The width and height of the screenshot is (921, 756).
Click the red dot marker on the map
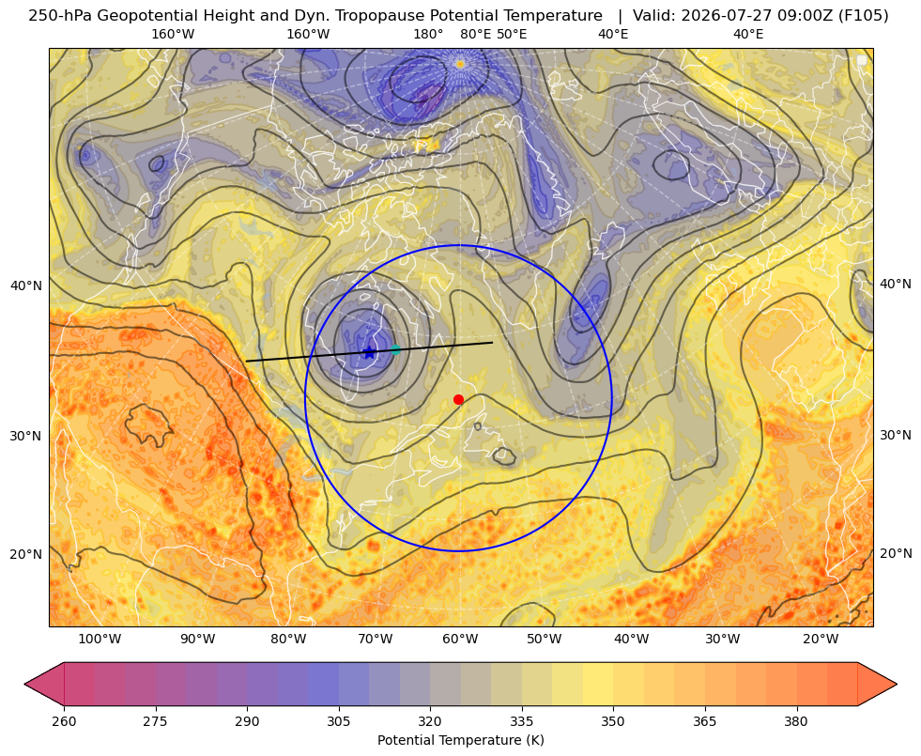point(459,399)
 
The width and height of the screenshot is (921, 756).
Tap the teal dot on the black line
point(395,349)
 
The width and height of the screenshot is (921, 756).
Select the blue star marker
point(369,352)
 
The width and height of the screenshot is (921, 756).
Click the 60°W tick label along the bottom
point(460,639)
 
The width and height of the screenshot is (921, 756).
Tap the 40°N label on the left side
point(26,285)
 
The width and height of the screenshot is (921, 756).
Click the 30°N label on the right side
point(896,435)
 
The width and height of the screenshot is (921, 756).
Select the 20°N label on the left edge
point(26,554)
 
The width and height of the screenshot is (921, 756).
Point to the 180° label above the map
point(428,34)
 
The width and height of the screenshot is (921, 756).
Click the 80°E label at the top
point(476,34)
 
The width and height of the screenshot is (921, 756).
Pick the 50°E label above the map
point(512,34)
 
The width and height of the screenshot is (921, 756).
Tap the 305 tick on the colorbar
point(338,721)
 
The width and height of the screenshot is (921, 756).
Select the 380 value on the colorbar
point(796,721)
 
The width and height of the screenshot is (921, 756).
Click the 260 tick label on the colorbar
point(64,721)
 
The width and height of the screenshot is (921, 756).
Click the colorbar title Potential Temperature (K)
point(460,740)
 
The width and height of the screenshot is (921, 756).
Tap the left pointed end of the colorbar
point(25,684)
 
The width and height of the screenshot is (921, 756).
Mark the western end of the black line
point(246,362)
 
